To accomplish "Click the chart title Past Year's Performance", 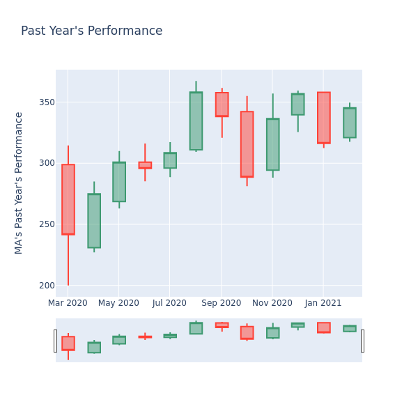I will click(91, 31).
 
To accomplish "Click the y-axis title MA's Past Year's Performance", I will click(19, 183).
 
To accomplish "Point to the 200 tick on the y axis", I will click(46, 285).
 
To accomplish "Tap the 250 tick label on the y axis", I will click(46, 224).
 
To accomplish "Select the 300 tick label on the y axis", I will click(46, 163).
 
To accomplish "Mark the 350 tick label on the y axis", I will click(46, 102).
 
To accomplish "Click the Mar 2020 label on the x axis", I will click(68, 303).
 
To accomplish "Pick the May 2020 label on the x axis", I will click(118, 303).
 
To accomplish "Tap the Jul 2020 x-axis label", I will click(169, 303).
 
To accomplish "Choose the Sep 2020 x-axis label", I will click(221, 303).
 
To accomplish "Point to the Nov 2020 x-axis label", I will click(272, 303).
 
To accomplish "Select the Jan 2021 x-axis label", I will click(323, 303).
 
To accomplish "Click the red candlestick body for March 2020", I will click(68, 199).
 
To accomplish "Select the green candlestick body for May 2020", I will click(119, 182).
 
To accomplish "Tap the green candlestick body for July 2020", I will click(170, 160).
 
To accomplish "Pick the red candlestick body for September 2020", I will click(222, 104).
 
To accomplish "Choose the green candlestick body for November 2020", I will click(272, 144).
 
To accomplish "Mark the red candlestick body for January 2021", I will click(324, 118).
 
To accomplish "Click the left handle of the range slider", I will click(55, 341).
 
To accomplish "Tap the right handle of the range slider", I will click(362, 341).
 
